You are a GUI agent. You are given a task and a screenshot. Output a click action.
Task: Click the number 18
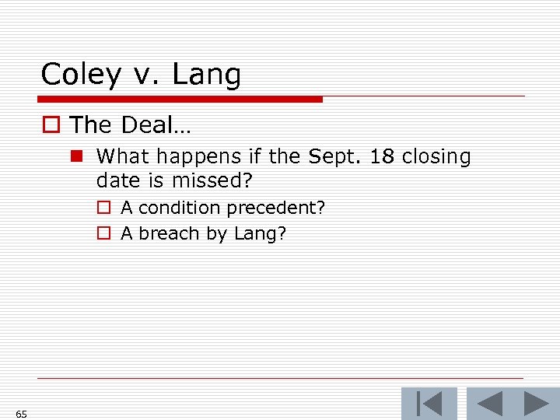click(382, 156)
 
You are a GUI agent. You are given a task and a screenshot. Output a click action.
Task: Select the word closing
click(437, 157)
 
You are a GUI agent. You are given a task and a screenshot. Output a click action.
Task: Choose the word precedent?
click(276, 208)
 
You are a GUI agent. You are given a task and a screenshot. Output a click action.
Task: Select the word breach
click(169, 233)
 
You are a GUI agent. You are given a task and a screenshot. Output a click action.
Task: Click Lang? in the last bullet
click(261, 234)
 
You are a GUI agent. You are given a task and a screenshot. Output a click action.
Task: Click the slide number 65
click(21, 414)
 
